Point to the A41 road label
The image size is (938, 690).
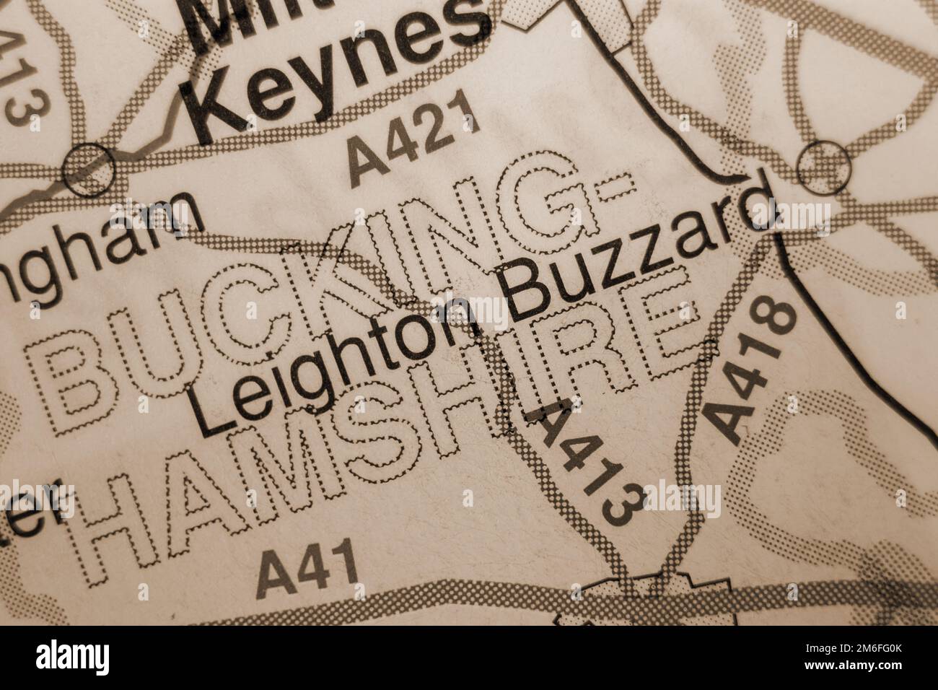click(x=309, y=565)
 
